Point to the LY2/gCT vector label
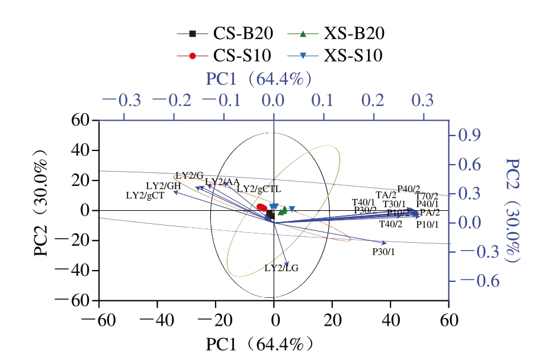click(x=145, y=195)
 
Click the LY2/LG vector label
click(x=281, y=268)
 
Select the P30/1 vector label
click(x=383, y=252)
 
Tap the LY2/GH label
click(x=163, y=186)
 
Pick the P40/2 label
click(x=409, y=189)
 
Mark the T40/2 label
click(x=391, y=224)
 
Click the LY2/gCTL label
click(x=259, y=189)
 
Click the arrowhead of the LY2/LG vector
click(x=287, y=264)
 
